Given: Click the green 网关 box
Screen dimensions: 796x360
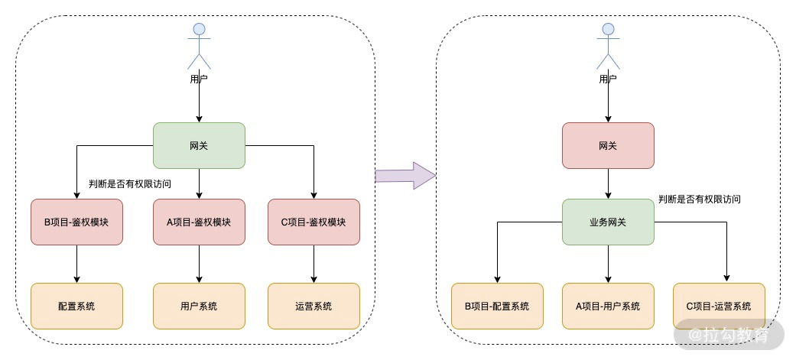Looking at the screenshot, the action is click(199, 146).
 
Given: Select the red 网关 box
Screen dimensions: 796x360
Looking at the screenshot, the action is click(608, 146).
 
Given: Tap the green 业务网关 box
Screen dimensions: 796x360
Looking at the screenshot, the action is click(608, 222).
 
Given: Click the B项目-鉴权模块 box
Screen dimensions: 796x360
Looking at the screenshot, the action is click(76, 222).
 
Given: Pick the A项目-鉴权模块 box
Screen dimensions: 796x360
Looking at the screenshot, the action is click(199, 222).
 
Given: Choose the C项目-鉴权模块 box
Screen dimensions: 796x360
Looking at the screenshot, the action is click(314, 222).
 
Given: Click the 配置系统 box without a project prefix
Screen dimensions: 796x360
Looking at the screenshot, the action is click(76, 306).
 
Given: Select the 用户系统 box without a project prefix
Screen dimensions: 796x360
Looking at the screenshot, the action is click(199, 306).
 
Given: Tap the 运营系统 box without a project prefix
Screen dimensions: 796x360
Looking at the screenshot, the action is click(314, 306).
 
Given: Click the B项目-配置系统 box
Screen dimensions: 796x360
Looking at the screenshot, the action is click(497, 306).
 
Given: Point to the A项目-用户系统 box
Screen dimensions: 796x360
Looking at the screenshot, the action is click(608, 306).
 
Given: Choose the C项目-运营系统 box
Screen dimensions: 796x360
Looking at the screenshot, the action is click(719, 306).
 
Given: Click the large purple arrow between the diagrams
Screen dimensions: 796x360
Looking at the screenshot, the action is click(405, 176).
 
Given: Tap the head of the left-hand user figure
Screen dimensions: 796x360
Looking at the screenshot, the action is click(199, 29).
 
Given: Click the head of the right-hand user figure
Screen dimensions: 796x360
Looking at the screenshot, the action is click(608, 29).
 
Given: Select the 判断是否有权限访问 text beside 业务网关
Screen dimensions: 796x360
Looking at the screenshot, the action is click(699, 199).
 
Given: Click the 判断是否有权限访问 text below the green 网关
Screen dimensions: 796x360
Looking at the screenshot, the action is click(130, 184).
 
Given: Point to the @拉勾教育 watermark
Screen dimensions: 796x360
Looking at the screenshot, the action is click(729, 335).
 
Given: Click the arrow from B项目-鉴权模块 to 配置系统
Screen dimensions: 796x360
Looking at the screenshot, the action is click(76, 264).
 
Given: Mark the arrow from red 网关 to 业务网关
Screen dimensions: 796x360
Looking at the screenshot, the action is click(608, 183).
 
